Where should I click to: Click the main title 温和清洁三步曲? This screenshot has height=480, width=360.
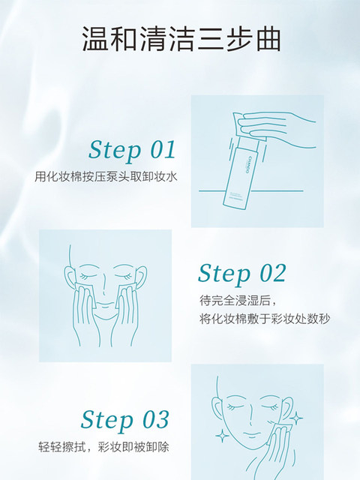coord(181,39)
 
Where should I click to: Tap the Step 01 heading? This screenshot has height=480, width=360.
coord(132,150)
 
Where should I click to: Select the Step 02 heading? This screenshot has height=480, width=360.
coord(241,273)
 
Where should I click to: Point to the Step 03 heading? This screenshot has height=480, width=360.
coord(125,420)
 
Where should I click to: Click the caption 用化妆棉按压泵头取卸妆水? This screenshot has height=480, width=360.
coord(106,177)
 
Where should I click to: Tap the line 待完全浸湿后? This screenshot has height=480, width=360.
coord(235,301)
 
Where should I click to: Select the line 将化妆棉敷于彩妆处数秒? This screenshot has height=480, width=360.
coord(265,319)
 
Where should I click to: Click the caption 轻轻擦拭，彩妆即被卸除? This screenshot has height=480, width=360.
coord(103,447)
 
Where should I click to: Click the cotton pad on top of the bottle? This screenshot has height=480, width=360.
coord(247,127)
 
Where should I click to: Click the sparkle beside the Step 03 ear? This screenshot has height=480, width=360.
coord(296,418)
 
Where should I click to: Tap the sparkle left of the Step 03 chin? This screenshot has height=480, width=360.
coord(223,436)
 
